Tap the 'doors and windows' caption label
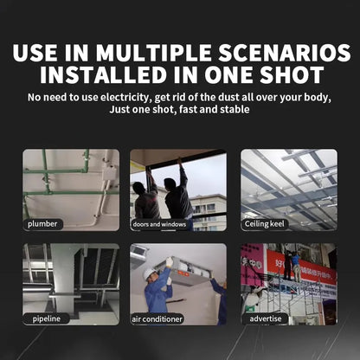click(x=158, y=223)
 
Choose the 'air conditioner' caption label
click(x=157, y=318)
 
